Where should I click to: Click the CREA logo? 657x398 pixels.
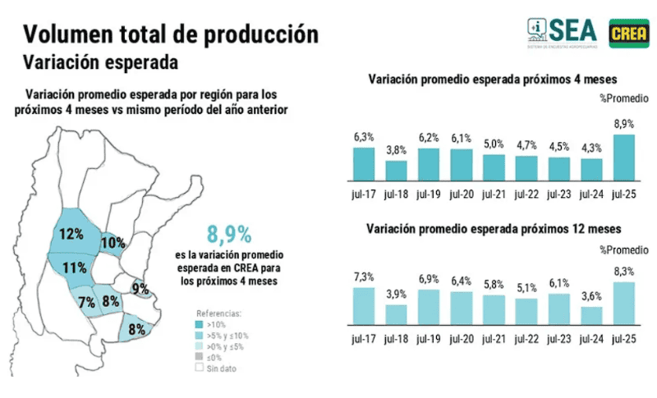pyautogui.click(x=629, y=30)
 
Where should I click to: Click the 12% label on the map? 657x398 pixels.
pyautogui.click(x=71, y=234)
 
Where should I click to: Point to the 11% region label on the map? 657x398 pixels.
pyautogui.click(x=75, y=268)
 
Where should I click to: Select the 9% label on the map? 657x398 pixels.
pyautogui.click(x=140, y=289)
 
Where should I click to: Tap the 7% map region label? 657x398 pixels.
pyautogui.click(x=87, y=302)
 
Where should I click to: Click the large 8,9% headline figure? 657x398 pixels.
pyautogui.click(x=229, y=234)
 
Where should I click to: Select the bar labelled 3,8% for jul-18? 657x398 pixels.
pyautogui.click(x=396, y=170)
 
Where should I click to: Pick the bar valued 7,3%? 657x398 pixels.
pyautogui.click(x=364, y=305)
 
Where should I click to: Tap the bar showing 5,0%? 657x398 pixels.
pyautogui.click(x=494, y=167)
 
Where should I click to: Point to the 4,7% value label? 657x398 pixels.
pyautogui.click(x=526, y=145)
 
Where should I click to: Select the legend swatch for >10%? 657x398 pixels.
pyautogui.click(x=200, y=325)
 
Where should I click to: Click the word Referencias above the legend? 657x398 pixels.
pyautogui.click(x=218, y=313)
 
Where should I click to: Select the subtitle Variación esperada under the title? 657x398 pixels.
pyautogui.click(x=101, y=62)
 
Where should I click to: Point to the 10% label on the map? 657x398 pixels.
pyautogui.click(x=113, y=243)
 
